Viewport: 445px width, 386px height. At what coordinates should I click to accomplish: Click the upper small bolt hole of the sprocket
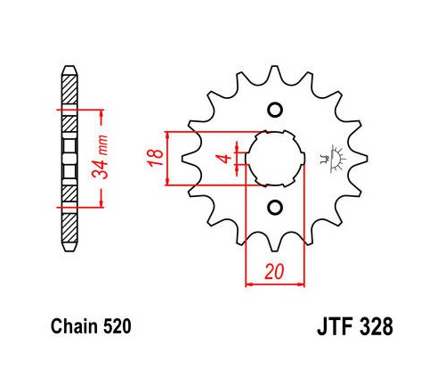[275, 110]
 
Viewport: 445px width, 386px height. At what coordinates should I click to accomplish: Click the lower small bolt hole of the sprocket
[275, 208]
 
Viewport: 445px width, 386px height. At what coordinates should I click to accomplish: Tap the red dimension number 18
[155, 158]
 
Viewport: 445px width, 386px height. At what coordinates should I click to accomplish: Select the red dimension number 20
[274, 272]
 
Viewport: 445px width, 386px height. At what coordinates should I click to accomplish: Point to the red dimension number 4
[226, 159]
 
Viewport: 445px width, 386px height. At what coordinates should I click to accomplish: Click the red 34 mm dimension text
[100, 158]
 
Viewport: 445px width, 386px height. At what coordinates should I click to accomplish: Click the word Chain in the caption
[74, 326]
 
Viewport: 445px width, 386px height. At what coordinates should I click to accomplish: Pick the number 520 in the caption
[117, 326]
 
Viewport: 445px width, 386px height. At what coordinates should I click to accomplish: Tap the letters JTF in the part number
[336, 326]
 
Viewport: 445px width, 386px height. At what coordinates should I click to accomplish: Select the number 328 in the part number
[376, 326]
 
